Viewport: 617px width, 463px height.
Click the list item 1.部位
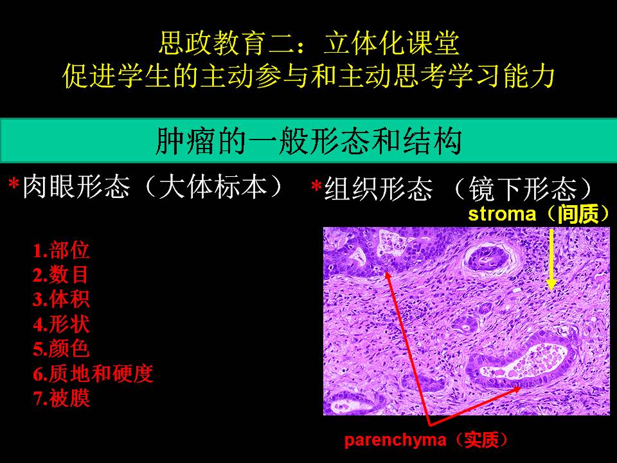tap(62, 250)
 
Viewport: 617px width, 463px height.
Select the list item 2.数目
tap(60, 275)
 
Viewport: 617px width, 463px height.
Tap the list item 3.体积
tap(62, 299)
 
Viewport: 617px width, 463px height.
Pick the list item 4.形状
tap(62, 324)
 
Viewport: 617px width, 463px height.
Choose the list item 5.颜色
tap(62, 349)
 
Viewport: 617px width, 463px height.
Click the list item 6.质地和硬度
tap(93, 373)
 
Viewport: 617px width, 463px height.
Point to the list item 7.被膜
tap(62, 397)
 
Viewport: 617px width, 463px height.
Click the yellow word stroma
tap(502, 214)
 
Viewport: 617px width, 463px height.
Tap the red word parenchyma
tap(395, 440)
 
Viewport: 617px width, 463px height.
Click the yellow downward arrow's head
tap(551, 284)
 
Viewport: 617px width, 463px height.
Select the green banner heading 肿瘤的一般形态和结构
tap(308, 141)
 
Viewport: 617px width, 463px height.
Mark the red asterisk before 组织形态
tap(316, 186)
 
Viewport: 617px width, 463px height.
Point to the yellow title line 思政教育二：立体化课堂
tap(309, 43)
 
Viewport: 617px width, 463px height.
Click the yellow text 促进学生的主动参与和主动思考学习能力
tap(309, 76)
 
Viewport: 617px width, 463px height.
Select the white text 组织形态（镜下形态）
tap(459, 189)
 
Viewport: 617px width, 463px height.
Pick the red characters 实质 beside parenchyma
tap(481, 440)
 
